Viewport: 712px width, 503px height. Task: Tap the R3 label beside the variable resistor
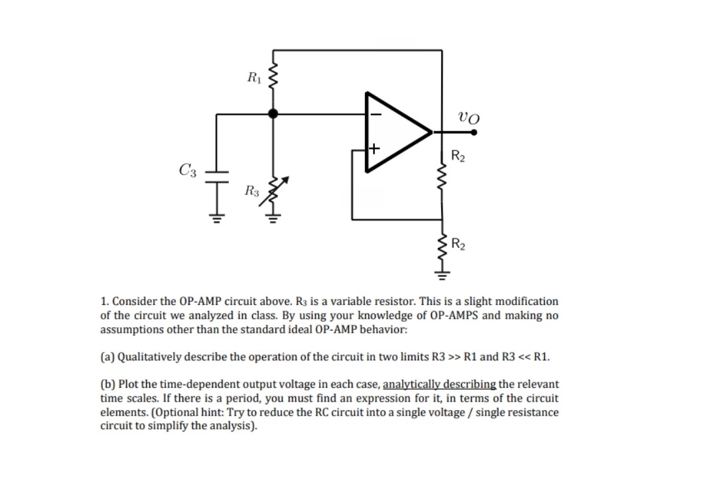pyautogui.click(x=251, y=193)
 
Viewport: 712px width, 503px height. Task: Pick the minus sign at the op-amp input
pyautogui.click(x=376, y=114)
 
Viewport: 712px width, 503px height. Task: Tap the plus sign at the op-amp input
pyautogui.click(x=375, y=148)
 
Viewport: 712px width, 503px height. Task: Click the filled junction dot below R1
pyautogui.click(x=273, y=114)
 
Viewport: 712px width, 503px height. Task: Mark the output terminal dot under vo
pyautogui.click(x=474, y=132)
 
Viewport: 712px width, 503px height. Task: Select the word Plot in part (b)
pyautogui.click(x=127, y=384)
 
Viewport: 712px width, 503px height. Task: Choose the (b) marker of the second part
pyautogui.click(x=107, y=384)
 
